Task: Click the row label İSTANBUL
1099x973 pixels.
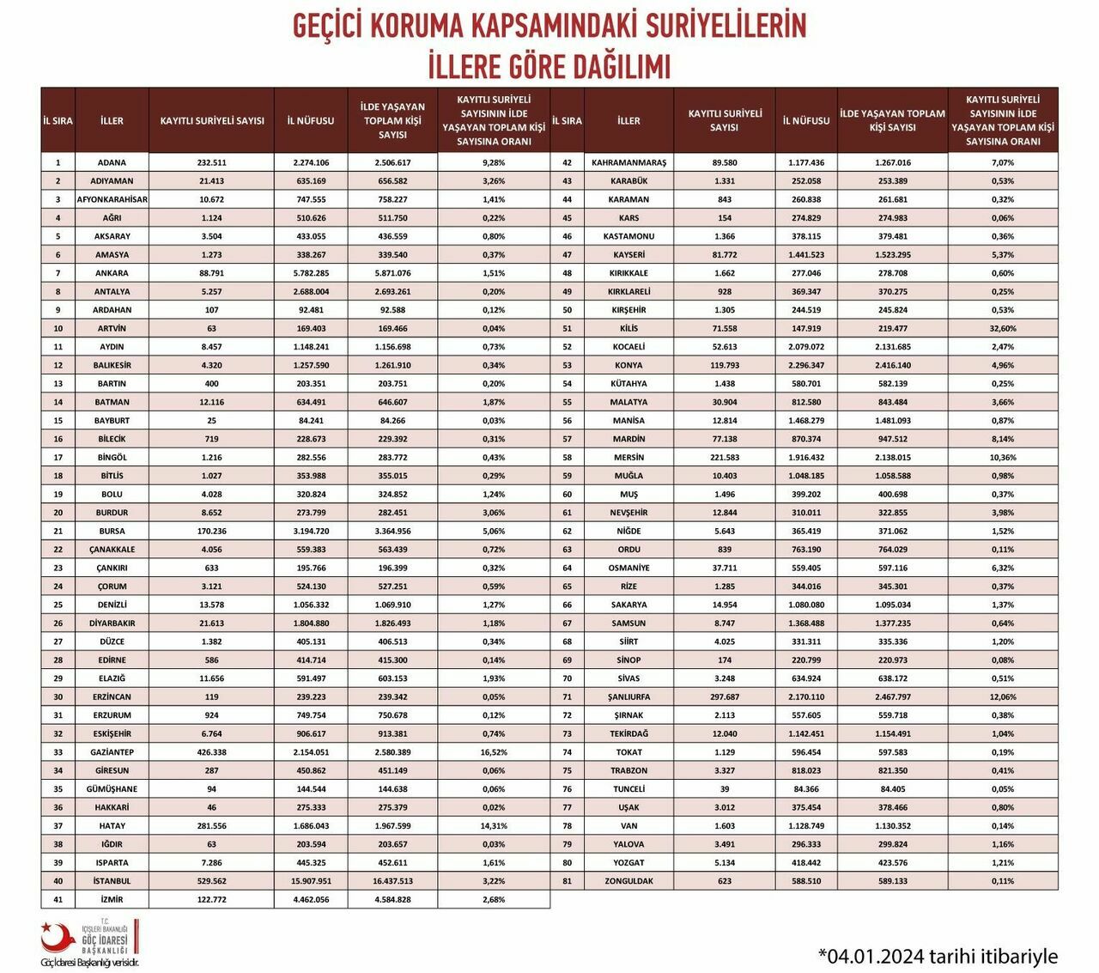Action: click(112, 881)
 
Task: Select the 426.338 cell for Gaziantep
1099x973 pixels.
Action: click(212, 752)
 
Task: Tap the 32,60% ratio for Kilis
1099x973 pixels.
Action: click(1002, 328)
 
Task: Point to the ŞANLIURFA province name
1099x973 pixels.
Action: click(628, 697)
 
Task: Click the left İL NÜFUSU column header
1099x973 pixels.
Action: click(311, 120)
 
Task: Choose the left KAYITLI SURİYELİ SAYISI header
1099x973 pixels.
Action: click(212, 120)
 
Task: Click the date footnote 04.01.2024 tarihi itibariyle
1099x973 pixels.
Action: click(938, 956)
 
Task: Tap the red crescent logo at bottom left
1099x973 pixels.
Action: click(57, 938)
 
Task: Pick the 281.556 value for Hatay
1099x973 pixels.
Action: click(212, 826)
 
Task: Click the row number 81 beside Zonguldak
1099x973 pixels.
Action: click(567, 881)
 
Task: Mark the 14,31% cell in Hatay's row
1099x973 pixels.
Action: click(494, 826)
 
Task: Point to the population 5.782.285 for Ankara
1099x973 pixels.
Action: click(311, 273)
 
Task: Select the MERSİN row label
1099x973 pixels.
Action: click(628, 458)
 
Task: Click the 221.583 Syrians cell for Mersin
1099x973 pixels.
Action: click(725, 458)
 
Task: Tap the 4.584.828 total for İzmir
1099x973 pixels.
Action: click(392, 900)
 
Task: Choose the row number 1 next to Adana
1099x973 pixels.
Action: click(58, 162)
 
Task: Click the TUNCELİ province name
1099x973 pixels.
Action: click(628, 789)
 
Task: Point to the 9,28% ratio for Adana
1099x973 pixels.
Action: click(494, 162)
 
